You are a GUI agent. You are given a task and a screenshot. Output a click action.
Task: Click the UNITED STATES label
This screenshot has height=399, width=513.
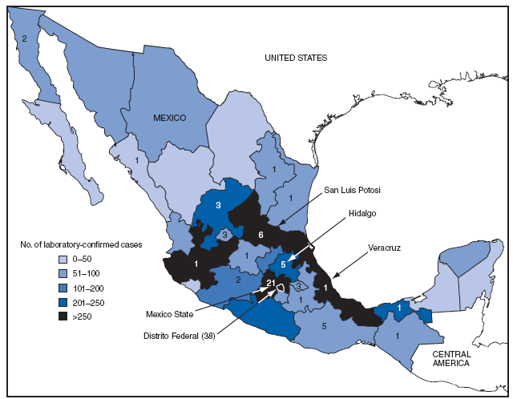pos(297,58)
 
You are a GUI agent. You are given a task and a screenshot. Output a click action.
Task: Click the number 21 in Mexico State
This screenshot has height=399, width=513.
pos(271,283)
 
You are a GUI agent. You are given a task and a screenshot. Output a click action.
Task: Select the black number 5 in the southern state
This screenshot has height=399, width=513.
pos(324,326)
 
